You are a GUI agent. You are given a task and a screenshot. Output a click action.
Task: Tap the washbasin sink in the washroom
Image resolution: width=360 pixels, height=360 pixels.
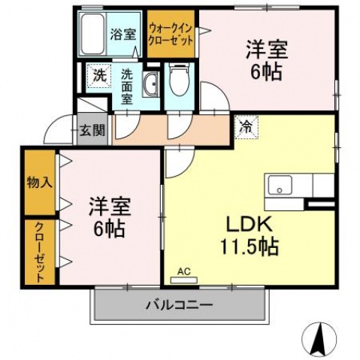click(x=151, y=84)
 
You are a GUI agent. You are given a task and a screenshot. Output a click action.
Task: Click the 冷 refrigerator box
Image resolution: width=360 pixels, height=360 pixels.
click(x=246, y=126)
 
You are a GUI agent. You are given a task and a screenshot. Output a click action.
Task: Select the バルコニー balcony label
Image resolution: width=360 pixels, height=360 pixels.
click(x=179, y=304)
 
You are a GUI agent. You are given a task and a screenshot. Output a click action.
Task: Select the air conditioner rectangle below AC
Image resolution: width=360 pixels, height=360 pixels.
click(x=183, y=280)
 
